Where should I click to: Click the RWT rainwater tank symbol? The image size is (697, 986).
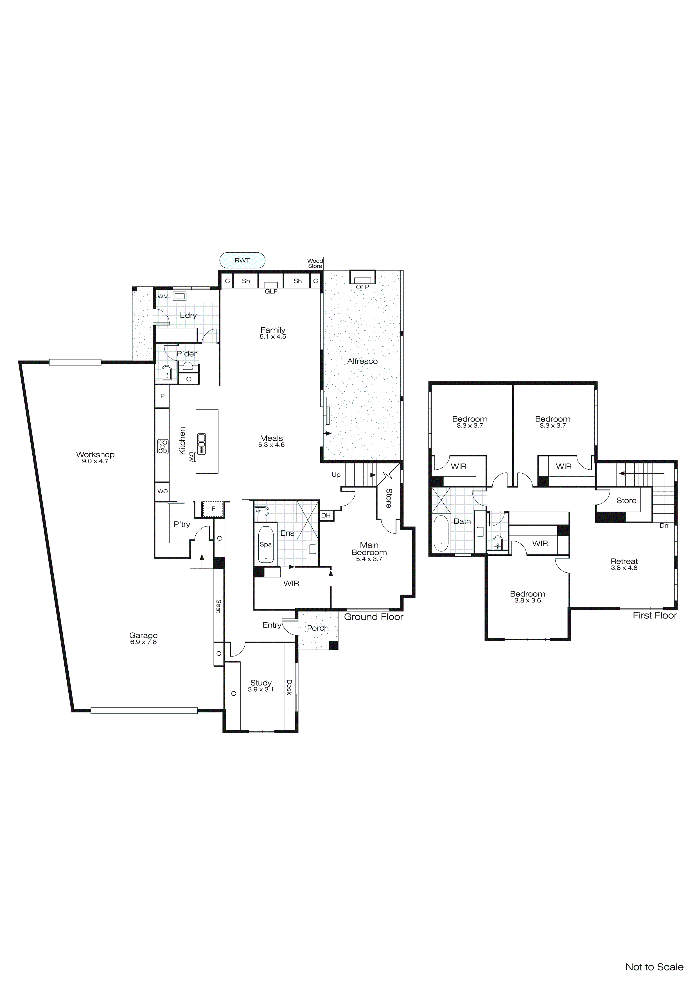click(x=242, y=260)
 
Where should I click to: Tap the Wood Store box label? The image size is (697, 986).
click(x=315, y=263)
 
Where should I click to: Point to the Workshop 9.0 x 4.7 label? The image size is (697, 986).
click(x=95, y=457)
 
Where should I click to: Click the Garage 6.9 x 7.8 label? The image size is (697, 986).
click(x=143, y=638)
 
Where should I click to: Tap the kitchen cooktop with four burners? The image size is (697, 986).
click(x=163, y=447)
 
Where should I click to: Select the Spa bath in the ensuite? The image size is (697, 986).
click(x=266, y=544)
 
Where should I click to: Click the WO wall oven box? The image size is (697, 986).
click(x=162, y=491)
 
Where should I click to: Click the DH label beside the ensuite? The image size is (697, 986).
click(x=326, y=515)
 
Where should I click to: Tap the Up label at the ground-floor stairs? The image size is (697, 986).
click(x=336, y=474)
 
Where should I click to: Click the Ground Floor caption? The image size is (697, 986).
click(x=373, y=617)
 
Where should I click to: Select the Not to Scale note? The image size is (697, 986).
click(x=654, y=967)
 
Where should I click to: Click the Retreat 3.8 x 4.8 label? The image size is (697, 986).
click(x=624, y=564)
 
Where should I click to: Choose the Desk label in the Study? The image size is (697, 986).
click(x=289, y=687)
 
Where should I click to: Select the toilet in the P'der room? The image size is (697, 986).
click(x=166, y=373)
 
